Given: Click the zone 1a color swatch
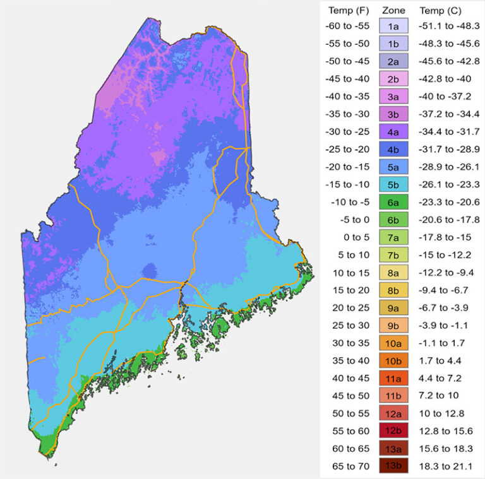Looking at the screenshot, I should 393,26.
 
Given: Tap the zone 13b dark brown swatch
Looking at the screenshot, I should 393,466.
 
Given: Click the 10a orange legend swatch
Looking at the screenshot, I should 393,343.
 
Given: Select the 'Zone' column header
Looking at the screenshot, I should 393,10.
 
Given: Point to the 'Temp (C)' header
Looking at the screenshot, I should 441,10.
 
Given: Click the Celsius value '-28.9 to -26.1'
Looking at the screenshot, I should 448,167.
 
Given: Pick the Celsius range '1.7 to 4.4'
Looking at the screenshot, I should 441,360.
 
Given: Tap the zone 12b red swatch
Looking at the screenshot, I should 393,431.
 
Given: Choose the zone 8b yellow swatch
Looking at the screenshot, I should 393,290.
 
